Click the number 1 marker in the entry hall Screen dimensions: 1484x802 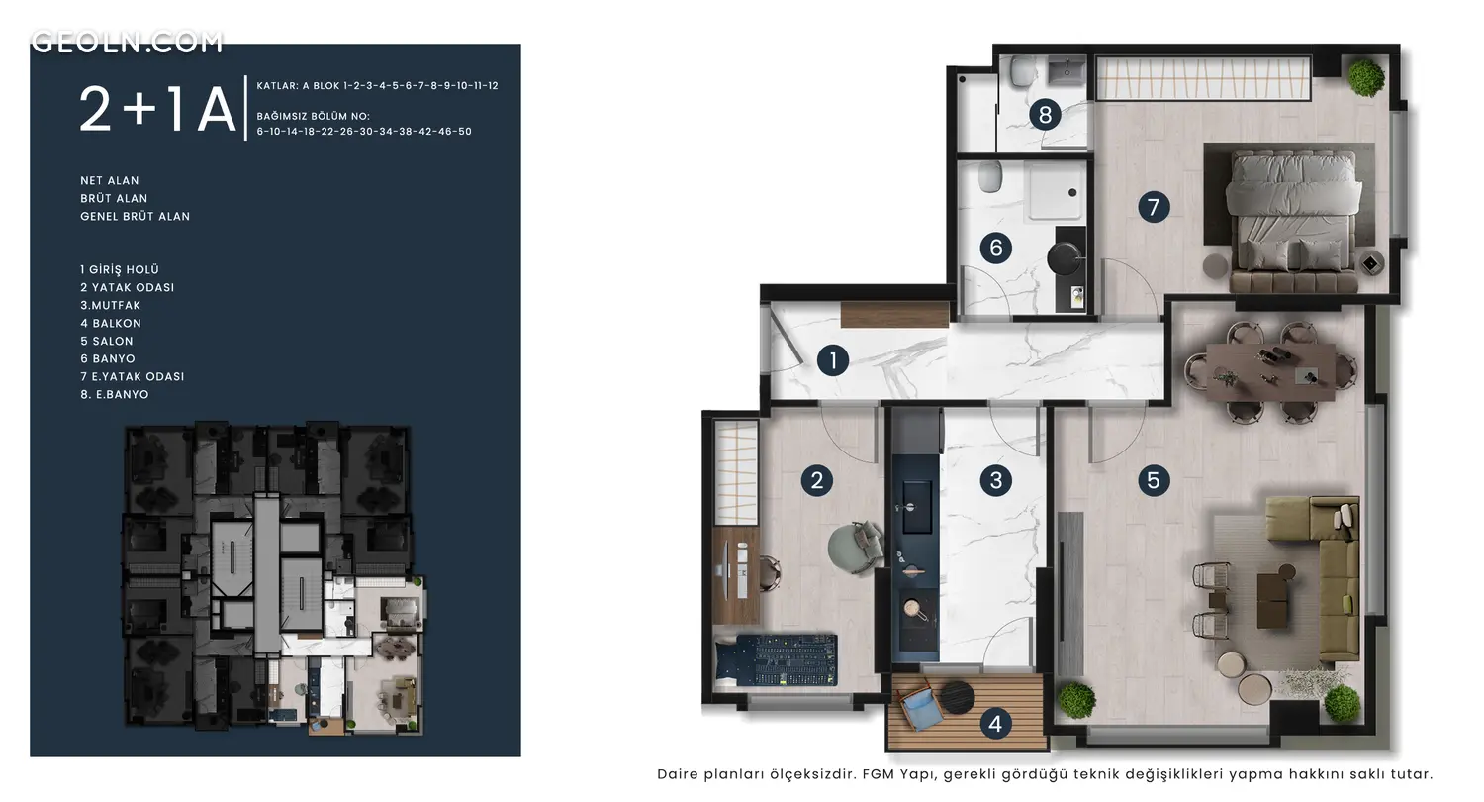(833, 360)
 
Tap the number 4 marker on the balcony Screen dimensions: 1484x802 (995, 724)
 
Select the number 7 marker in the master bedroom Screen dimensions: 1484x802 (1154, 207)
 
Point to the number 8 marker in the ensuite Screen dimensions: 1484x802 (1045, 115)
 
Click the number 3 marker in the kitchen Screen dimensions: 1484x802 (995, 480)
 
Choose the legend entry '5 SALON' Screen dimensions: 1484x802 (107, 341)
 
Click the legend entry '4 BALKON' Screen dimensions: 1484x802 (111, 323)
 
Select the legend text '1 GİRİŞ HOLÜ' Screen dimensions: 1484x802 (120, 269)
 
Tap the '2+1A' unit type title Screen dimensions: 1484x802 (157, 110)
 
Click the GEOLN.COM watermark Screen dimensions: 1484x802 (128, 42)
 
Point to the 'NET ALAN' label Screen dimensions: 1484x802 (109, 180)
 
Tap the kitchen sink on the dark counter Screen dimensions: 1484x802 (915, 507)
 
